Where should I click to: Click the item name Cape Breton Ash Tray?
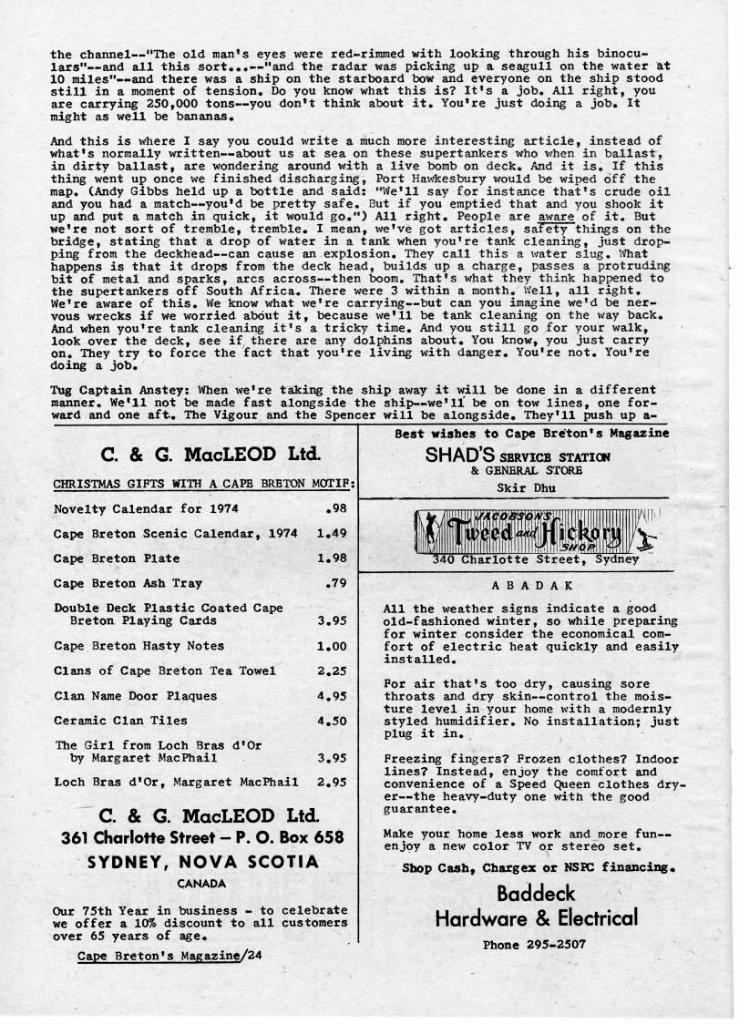pyautogui.click(x=128, y=583)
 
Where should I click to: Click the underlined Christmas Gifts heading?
pyautogui.click(x=203, y=484)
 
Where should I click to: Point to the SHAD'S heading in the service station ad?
pyautogui.click(x=458, y=456)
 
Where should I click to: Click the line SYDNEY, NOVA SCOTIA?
pyautogui.click(x=203, y=862)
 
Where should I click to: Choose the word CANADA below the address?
pyautogui.click(x=202, y=884)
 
